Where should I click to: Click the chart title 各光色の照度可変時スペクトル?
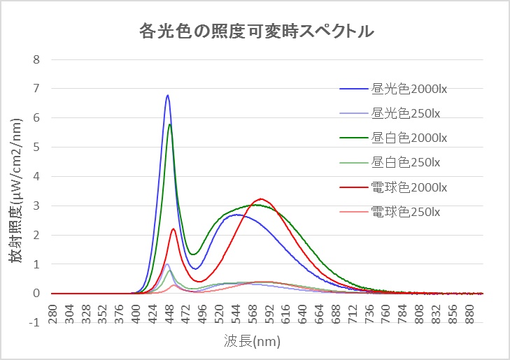click(x=255, y=31)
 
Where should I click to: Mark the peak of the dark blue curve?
click(x=168, y=95)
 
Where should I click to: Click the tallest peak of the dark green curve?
click(x=170, y=124)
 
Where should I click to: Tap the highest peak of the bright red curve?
click(x=261, y=199)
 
